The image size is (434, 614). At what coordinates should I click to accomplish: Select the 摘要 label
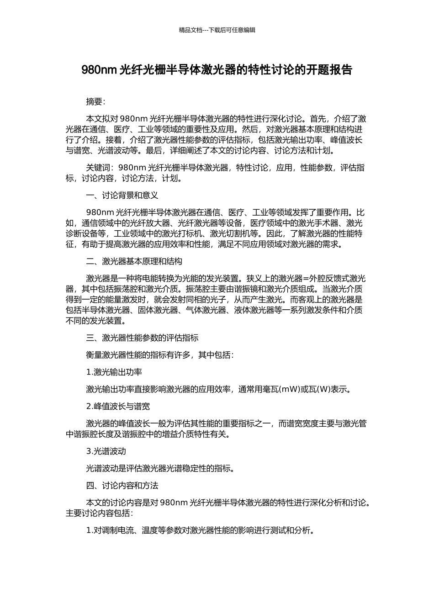click(x=95, y=101)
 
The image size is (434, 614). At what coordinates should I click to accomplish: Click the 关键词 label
click(x=98, y=168)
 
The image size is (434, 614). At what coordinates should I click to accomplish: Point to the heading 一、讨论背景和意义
click(x=122, y=196)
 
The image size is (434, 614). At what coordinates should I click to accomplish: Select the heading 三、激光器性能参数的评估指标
click(x=142, y=338)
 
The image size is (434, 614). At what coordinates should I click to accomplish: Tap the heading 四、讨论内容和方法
click(x=122, y=485)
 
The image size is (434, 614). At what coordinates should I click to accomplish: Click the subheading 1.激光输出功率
click(x=114, y=372)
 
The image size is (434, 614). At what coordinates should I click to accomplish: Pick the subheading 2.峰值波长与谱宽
click(x=118, y=406)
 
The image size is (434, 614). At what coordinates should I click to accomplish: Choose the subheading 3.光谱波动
click(x=106, y=451)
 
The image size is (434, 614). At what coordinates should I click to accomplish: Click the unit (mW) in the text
click(x=288, y=390)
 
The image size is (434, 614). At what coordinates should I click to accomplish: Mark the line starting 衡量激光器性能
click(x=160, y=355)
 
